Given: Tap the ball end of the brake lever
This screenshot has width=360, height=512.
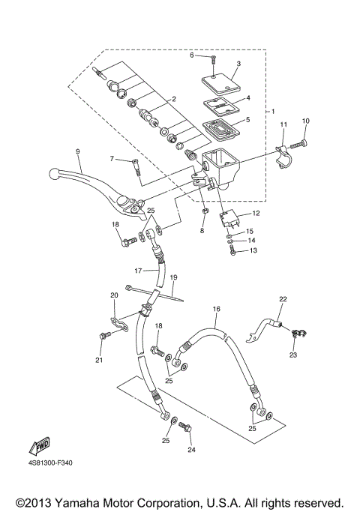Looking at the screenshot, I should click(x=54, y=173).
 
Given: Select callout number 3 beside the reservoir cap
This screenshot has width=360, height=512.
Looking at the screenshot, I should click(x=238, y=64).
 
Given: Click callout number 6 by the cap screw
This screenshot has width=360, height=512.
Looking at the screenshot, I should click(x=191, y=55).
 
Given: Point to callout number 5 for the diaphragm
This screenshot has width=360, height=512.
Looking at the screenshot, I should click(x=238, y=119).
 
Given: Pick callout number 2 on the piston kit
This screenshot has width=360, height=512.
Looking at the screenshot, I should click(x=173, y=99).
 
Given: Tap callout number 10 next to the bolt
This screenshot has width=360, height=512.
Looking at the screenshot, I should click(x=305, y=121).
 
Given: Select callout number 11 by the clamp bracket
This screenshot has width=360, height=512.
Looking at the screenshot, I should click(x=283, y=124).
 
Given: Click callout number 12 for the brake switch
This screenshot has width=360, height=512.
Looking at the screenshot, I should click(x=255, y=214).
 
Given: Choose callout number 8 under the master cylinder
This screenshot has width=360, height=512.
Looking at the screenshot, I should click(x=202, y=231).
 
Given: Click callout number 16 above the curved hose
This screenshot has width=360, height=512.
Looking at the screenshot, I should click(x=216, y=308).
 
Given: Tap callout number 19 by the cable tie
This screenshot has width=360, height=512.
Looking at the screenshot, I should click(x=173, y=277).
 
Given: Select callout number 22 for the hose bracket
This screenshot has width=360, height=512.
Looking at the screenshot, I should click(x=283, y=299).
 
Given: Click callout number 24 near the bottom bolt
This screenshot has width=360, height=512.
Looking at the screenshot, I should click(x=191, y=450).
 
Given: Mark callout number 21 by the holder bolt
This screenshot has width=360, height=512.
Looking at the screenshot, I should click(x=98, y=360).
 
